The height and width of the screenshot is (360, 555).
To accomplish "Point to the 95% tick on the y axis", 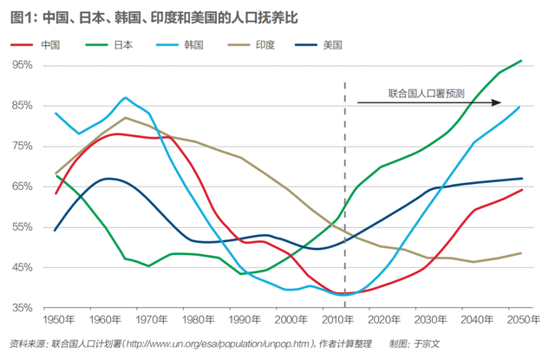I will [23, 65].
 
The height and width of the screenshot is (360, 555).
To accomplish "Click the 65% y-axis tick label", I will [23, 187].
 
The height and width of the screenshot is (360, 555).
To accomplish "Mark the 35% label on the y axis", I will [23, 308].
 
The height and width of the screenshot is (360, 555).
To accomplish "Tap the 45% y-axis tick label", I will [23, 267].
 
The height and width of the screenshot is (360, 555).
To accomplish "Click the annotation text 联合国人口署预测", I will [426, 92].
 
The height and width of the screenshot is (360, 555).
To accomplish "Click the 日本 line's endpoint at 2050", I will [521, 61].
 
